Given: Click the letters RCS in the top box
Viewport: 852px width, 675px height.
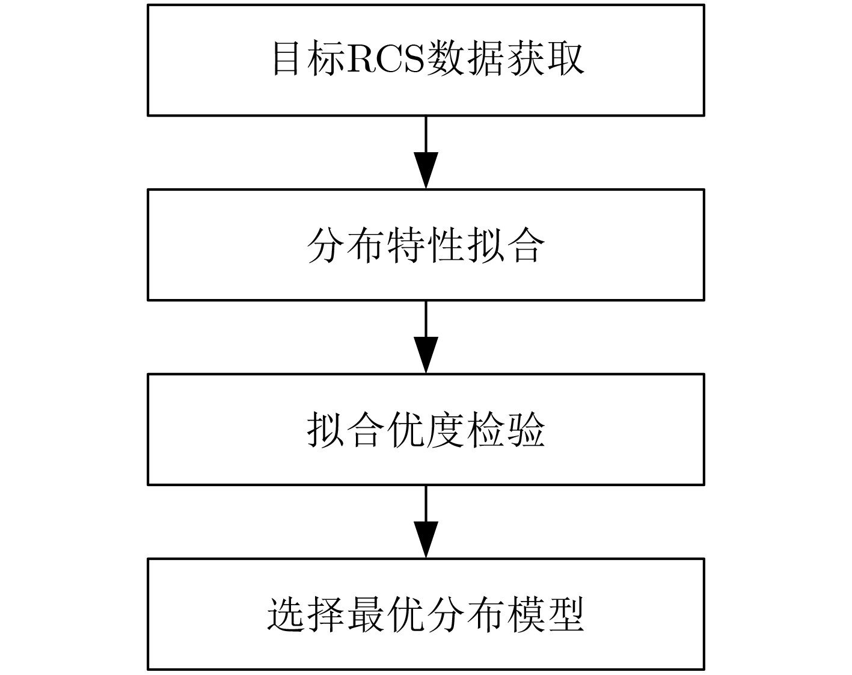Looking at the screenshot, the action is tap(385, 59).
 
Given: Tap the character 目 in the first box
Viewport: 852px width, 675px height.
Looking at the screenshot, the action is tap(286, 59).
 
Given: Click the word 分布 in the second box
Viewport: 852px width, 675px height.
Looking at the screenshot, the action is tap(346, 245).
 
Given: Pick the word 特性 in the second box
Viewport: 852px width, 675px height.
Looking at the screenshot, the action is tap(426, 245).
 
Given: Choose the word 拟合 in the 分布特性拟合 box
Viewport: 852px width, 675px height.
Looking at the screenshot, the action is tap(506, 245).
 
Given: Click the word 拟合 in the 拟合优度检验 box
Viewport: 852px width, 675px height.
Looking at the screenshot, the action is tap(346, 430).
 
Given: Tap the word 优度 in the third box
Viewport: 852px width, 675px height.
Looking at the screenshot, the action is tap(426, 430).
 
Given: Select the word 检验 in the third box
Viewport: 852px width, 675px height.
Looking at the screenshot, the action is tap(506, 430).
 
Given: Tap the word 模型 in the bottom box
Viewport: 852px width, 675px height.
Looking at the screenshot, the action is tap(545, 614).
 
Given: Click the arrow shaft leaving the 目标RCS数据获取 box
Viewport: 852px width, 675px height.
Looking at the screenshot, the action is tap(426, 134).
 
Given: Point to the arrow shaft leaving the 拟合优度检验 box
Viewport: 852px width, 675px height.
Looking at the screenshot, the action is tap(426, 504).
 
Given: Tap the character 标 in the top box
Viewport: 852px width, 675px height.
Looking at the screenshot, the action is tap(325, 59).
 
